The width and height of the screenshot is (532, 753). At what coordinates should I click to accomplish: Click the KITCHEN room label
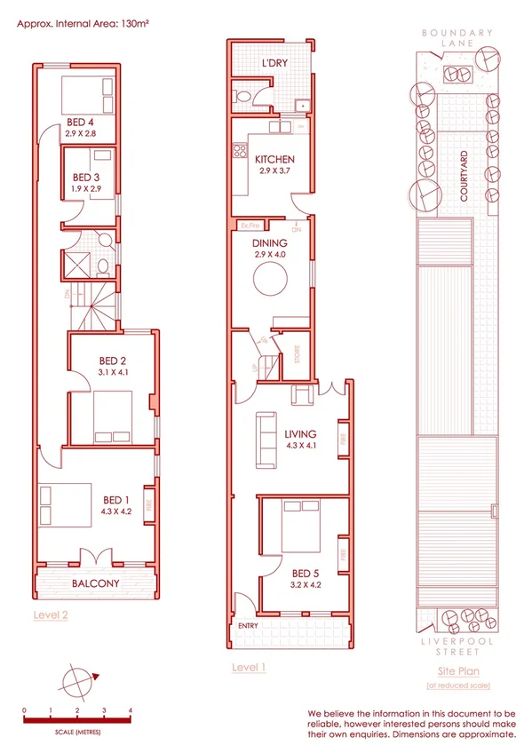274,160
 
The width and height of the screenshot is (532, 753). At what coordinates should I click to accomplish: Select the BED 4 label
80,122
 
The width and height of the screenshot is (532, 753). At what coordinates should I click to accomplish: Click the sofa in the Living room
265,440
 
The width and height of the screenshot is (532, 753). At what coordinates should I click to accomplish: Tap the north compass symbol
76,681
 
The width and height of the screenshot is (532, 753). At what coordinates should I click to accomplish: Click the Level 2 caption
51,614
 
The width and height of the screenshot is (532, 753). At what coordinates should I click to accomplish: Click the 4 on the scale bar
131,710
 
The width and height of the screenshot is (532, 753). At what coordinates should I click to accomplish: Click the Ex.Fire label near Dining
243,225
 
